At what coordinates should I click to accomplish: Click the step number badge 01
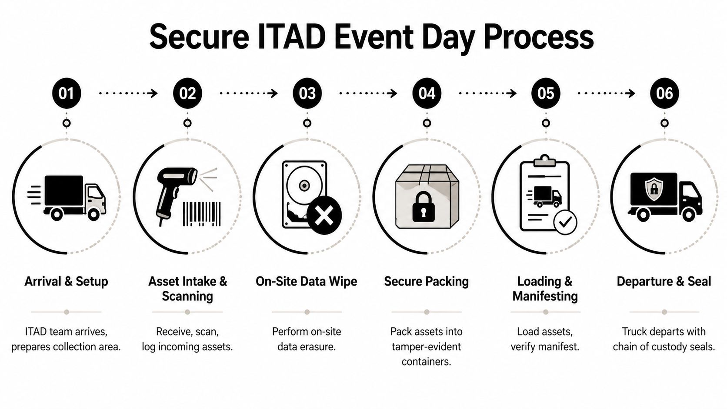pyautogui.click(x=67, y=93)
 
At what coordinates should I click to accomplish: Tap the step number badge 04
pyautogui.click(x=427, y=93)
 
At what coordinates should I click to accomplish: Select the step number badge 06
pyautogui.click(x=664, y=93)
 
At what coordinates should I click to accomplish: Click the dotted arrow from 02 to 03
pyautogui.click(x=248, y=93)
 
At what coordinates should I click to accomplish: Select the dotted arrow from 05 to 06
pyautogui.click(x=606, y=93)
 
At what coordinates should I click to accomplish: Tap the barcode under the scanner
pyautogui.click(x=201, y=213)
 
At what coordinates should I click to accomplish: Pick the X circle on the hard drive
pyautogui.click(x=324, y=215)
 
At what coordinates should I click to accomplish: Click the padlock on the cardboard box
pyautogui.click(x=423, y=207)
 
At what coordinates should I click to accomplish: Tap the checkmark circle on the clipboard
pyautogui.click(x=565, y=223)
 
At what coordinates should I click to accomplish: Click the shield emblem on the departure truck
pyautogui.click(x=654, y=188)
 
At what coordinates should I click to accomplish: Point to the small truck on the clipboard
pyautogui.click(x=546, y=196)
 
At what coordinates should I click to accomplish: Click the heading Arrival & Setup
pyautogui.click(x=66, y=281)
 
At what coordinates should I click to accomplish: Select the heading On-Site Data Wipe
pyautogui.click(x=306, y=281)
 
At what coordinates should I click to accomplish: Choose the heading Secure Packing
pyautogui.click(x=426, y=281)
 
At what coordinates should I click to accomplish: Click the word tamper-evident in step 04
pyautogui.click(x=426, y=346)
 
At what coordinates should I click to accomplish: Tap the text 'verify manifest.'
pyautogui.click(x=545, y=346)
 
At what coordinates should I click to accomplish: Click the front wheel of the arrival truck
pyautogui.click(x=93, y=214)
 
